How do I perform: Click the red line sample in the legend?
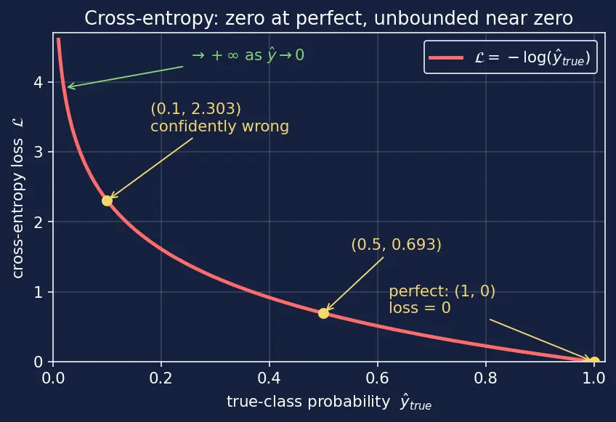(x=446, y=58)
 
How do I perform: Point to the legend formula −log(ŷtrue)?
(x=532, y=58)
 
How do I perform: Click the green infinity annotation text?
(x=248, y=55)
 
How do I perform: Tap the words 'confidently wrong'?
(x=219, y=126)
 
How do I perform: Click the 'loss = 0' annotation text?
(x=420, y=308)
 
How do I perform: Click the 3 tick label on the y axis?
(x=38, y=152)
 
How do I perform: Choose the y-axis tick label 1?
(x=38, y=292)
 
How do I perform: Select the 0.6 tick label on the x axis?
(x=378, y=378)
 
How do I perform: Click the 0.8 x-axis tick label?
(x=485, y=378)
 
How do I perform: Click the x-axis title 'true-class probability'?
(x=309, y=402)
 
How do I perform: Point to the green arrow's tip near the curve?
(x=68, y=87)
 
